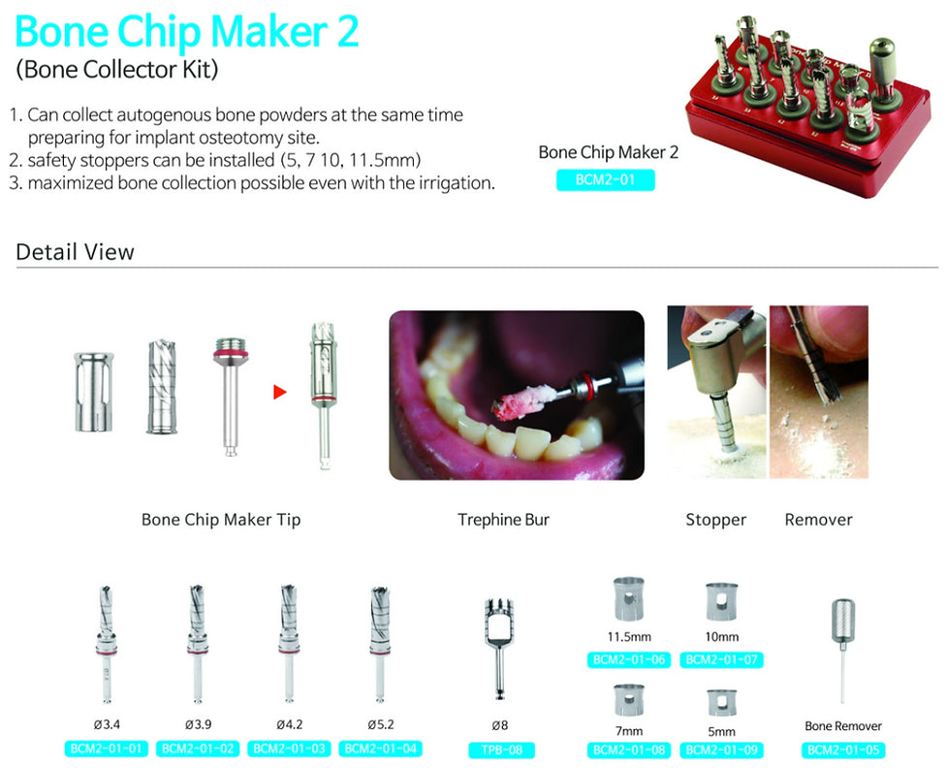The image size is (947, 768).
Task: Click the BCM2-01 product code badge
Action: click(x=605, y=180)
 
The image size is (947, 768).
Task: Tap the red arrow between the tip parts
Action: click(x=279, y=392)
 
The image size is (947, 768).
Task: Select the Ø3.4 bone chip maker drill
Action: click(x=107, y=644)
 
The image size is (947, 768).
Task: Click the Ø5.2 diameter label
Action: click(x=381, y=724)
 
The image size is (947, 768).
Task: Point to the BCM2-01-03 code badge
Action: click(x=289, y=749)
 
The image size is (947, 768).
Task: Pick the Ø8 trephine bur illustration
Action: click(x=499, y=649)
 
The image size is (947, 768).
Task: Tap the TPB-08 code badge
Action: click(x=501, y=750)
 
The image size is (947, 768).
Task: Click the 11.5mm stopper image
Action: click(x=629, y=598)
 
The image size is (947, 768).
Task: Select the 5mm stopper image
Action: click(x=722, y=703)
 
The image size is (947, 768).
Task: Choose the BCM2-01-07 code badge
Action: click(x=722, y=659)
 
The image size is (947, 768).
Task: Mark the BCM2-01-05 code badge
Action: click(x=843, y=750)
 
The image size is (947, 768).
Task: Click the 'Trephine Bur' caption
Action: click(x=503, y=520)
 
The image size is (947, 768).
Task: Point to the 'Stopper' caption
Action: click(x=715, y=520)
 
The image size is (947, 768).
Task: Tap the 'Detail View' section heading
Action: click(x=75, y=252)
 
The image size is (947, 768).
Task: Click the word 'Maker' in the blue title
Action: click(x=269, y=31)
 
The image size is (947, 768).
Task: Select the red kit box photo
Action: click(x=807, y=106)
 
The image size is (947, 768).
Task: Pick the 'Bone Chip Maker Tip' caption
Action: click(x=220, y=520)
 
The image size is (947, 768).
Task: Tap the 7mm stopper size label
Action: click(x=629, y=731)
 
